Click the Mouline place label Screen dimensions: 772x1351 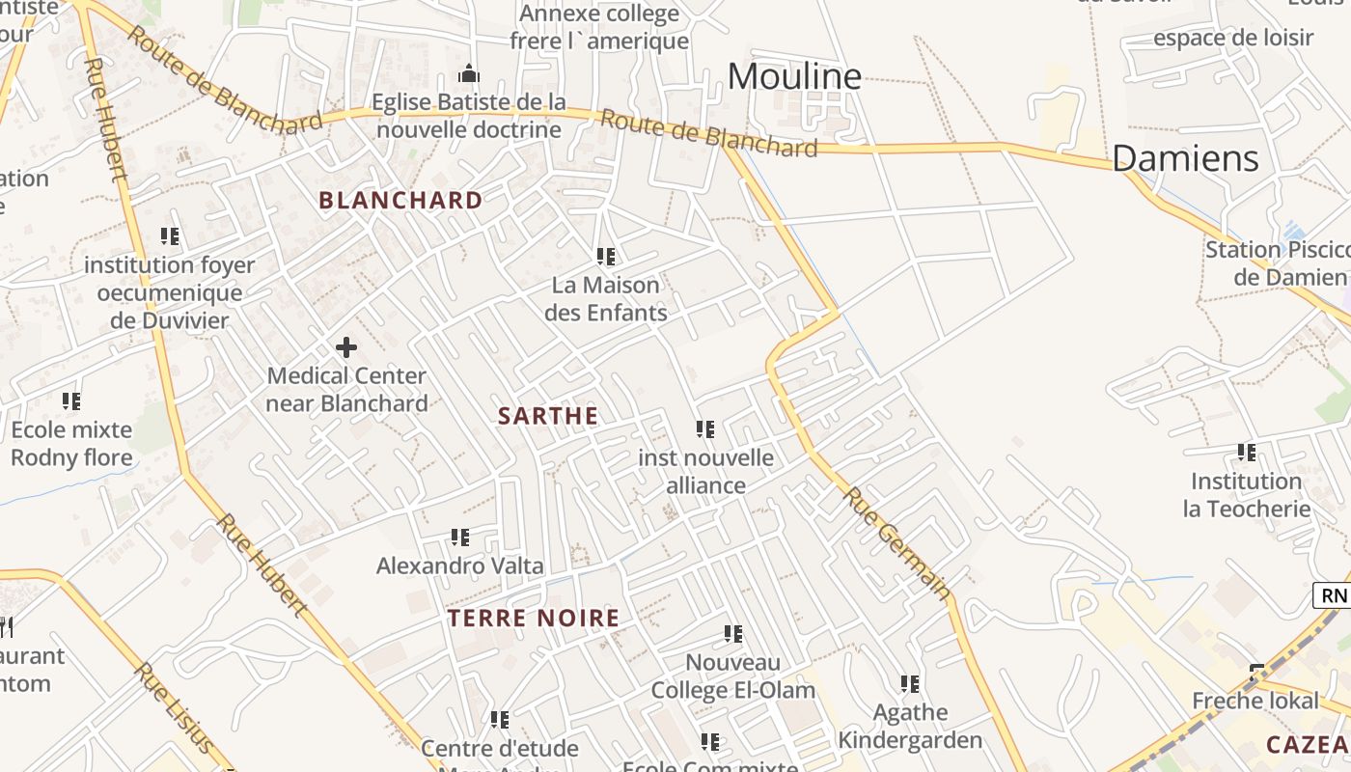point(794,76)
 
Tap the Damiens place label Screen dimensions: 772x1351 point(1185,158)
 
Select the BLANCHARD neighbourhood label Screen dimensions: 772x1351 point(400,201)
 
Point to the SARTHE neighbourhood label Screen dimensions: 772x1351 point(548,416)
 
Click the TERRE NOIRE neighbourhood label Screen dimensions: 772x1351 point(534,619)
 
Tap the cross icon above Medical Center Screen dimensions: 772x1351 point(346,347)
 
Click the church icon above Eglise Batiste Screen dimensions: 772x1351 point(469,73)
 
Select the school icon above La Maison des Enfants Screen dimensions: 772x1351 point(606,257)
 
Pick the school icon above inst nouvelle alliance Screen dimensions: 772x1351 point(705,429)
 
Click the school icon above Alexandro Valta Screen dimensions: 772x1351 point(460,538)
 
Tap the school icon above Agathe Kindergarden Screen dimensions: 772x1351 point(910,684)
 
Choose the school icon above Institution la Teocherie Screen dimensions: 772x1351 point(1247,453)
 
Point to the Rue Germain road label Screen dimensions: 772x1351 point(897,541)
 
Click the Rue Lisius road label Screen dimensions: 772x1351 point(174,707)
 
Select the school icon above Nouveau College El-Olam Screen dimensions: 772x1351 point(733,634)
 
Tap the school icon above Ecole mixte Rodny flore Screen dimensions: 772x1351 point(71,400)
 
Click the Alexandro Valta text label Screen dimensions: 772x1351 point(460,565)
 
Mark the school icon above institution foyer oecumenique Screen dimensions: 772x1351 point(170,236)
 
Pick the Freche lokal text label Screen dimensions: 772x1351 point(1255,701)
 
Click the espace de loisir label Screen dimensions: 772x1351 point(1233,39)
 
